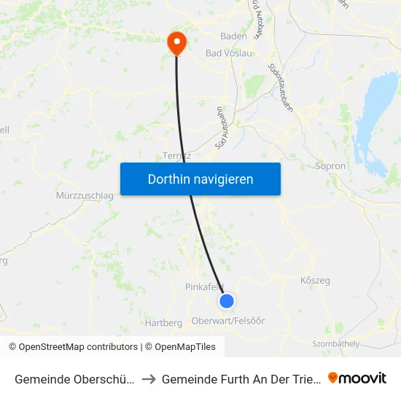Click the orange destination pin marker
point(176,42)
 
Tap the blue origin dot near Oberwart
point(227,300)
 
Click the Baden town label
point(234,36)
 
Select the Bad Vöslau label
point(228,53)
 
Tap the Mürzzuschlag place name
point(85,195)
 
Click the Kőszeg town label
point(315,280)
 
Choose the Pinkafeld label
point(205,287)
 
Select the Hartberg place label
point(164,322)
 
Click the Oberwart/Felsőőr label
point(228,321)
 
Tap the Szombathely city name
point(336,343)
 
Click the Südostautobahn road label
point(277,81)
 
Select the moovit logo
point(357,378)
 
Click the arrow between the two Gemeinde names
point(148,378)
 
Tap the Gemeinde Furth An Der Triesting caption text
point(240,378)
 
